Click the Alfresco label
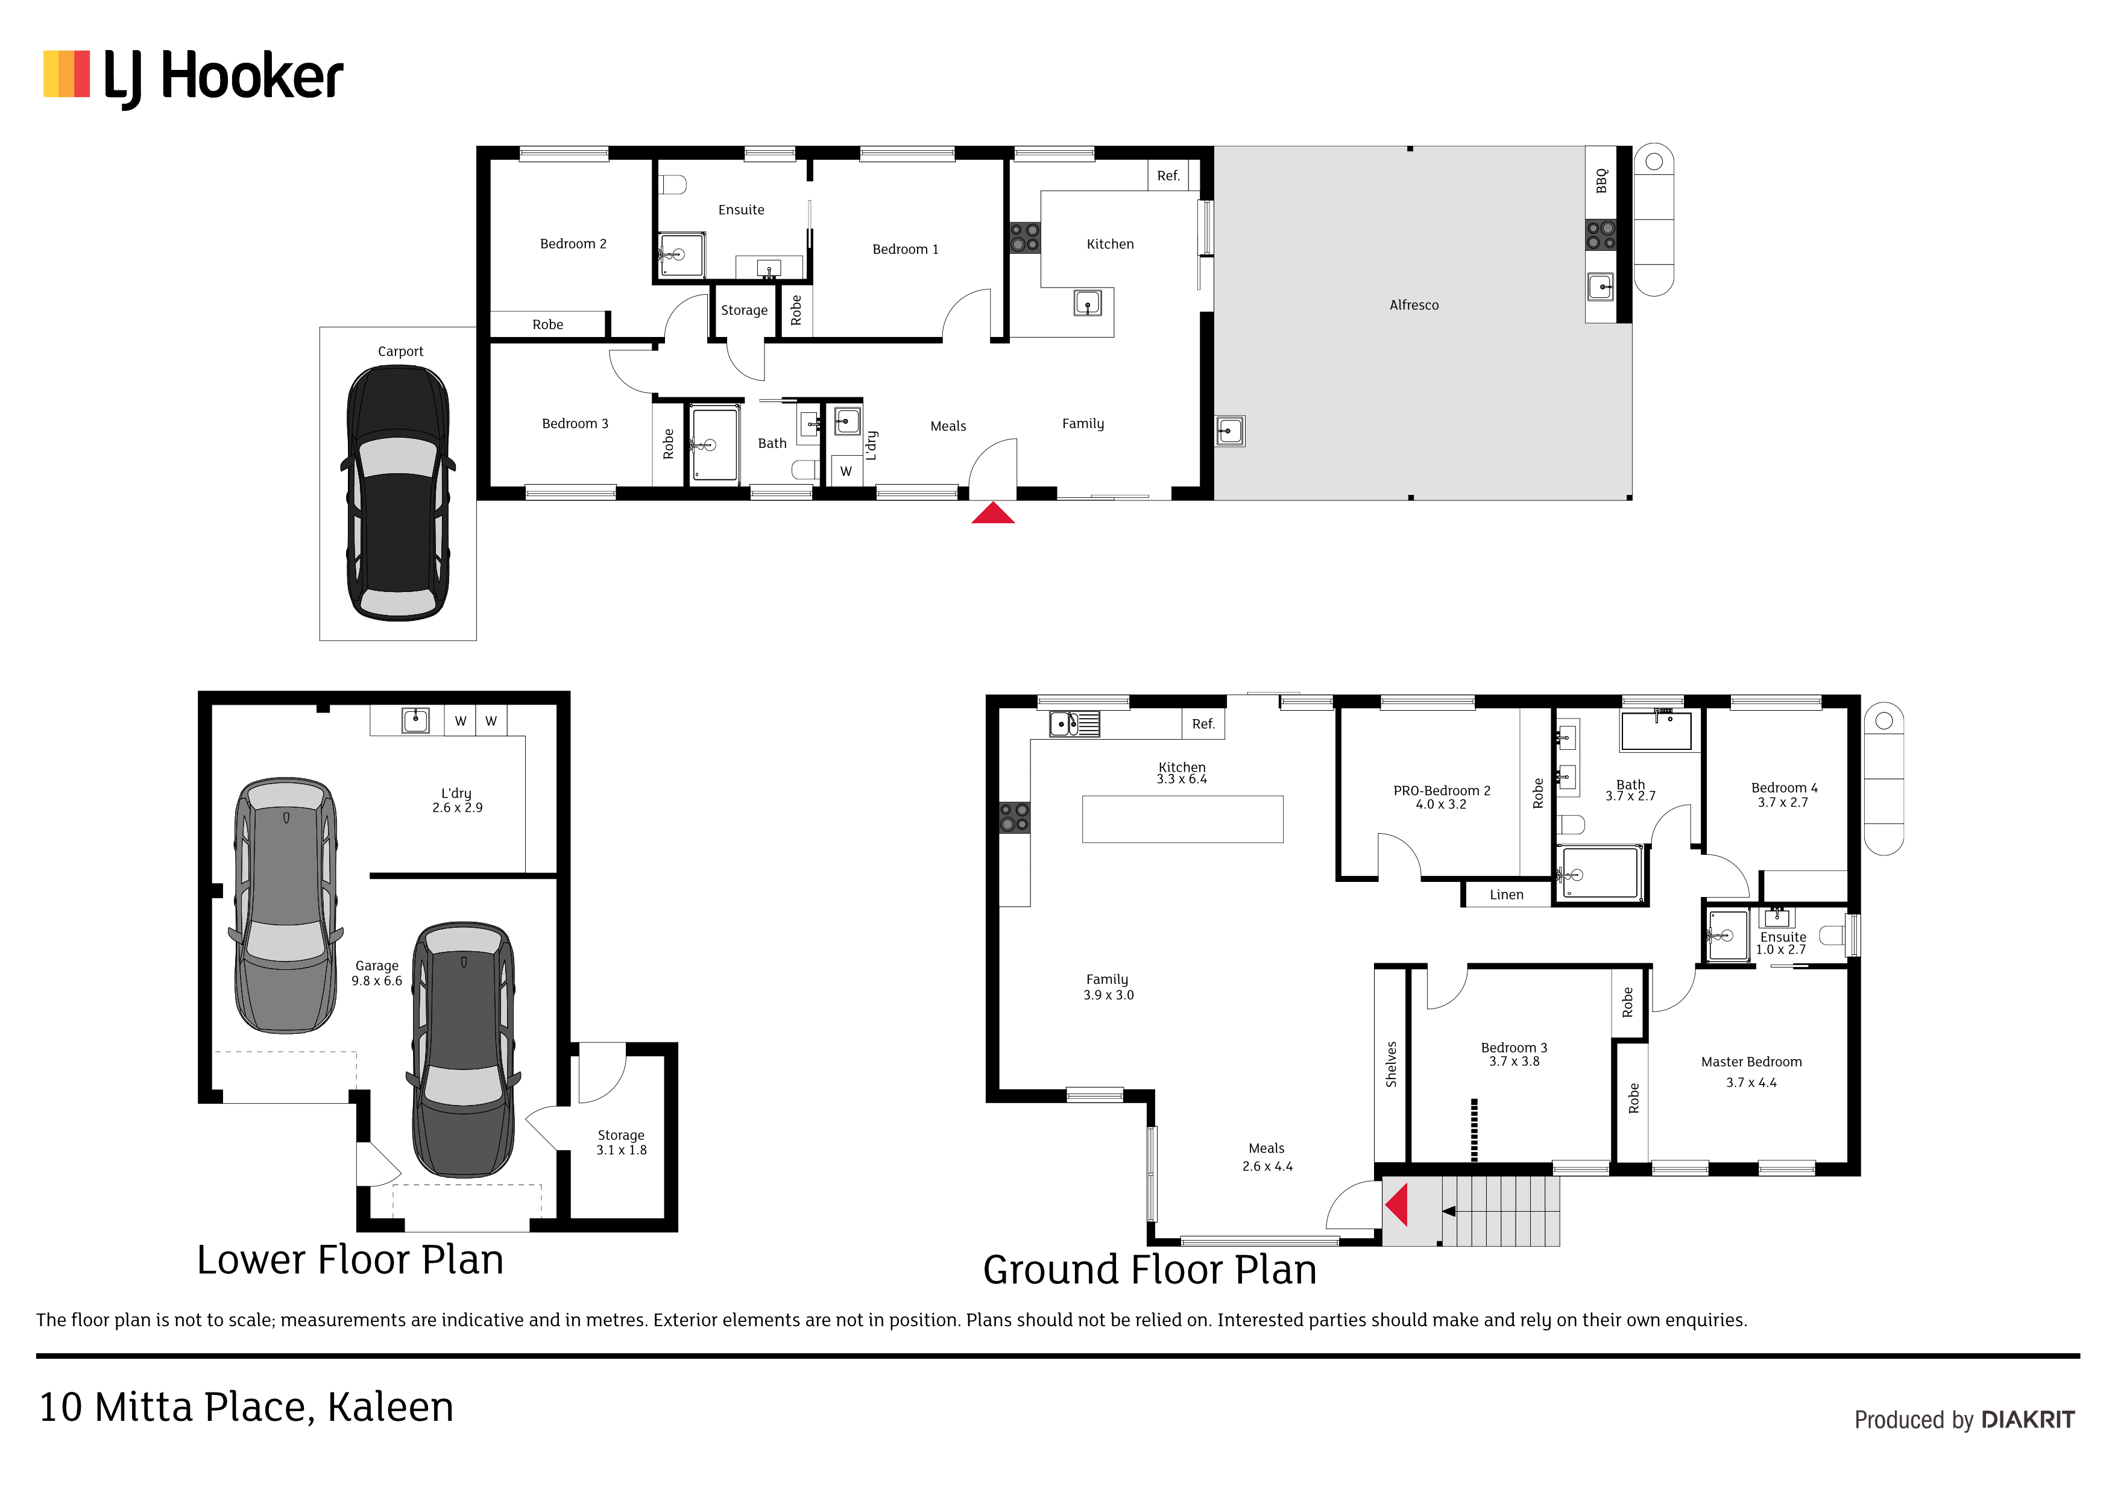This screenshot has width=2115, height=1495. tap(1414, 305)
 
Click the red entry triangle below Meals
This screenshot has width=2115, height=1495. tap(993, 513)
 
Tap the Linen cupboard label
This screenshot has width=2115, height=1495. tap(1507, 895)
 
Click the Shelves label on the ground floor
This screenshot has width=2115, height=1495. tap(1391, 1064)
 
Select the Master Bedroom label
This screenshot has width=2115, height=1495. tap(1751, 1062)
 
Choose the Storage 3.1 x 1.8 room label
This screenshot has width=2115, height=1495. tap(621, 1142)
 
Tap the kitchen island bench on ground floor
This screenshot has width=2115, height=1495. tap(1183, 819)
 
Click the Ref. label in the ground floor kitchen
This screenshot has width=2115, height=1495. tap(1203, 724)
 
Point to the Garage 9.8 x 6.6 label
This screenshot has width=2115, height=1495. tap(377, 973)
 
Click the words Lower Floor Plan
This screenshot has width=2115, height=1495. tap(350, 1259)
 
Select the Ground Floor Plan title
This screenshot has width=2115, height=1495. tap(1150, 1270)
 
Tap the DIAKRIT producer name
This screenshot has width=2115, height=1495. tap(2028, 1420)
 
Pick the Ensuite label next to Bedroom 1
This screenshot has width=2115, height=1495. tap(742, 210)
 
